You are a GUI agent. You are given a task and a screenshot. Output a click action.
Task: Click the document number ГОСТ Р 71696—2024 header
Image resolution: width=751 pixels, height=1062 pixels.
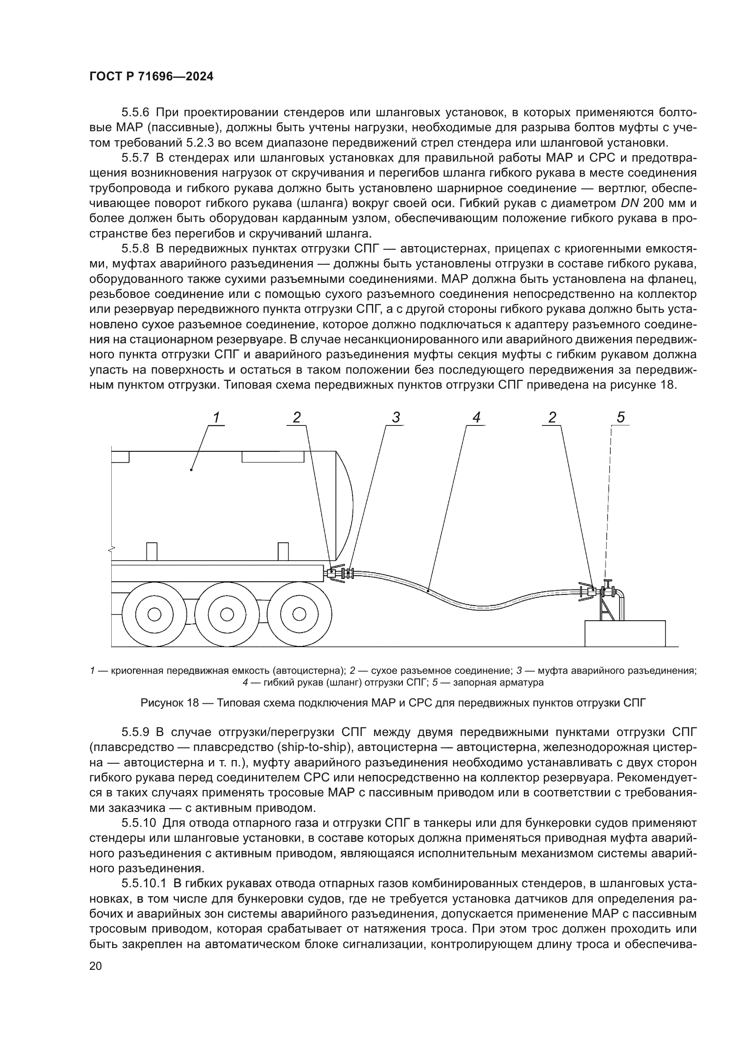[x=151, y=77]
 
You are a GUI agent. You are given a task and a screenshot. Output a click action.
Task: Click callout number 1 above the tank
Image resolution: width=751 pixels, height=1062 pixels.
[x=216, y=418]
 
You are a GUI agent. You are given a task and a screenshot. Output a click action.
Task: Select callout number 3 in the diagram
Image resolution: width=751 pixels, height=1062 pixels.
[x=396, y=418]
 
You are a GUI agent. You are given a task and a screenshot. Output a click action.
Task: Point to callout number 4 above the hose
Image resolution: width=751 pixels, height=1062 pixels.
[x=476, y=418]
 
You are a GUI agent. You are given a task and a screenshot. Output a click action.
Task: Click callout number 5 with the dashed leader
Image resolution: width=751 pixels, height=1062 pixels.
[x=621, y=418]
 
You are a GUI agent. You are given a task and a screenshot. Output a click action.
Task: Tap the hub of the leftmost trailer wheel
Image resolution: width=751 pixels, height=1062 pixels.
[x=154, y=614]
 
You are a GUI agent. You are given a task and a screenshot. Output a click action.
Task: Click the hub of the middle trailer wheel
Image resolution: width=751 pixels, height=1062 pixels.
[x=227, y=614]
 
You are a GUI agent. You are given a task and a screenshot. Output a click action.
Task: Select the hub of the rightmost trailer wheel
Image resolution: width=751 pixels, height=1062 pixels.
[x=299, y=614]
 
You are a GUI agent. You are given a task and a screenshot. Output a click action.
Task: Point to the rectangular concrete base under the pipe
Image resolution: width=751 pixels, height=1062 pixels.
[x=625, y=633]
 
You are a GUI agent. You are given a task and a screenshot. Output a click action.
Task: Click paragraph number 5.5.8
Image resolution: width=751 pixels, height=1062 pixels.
[x=135, y=249]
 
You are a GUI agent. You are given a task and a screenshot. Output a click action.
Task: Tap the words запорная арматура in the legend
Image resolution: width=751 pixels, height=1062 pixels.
[x=498, y=682]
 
